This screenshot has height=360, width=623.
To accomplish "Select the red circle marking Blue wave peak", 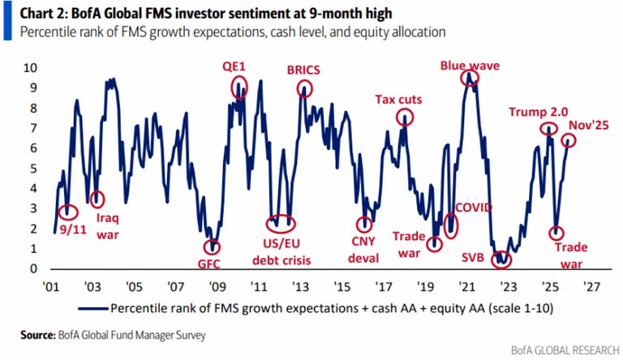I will point(469,79).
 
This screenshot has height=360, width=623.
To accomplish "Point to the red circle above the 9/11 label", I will point(68,212).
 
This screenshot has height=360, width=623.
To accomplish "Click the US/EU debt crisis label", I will point(279,252).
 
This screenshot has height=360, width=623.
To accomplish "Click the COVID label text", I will point(473,208).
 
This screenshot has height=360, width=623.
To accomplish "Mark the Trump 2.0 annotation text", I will point(538,113).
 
